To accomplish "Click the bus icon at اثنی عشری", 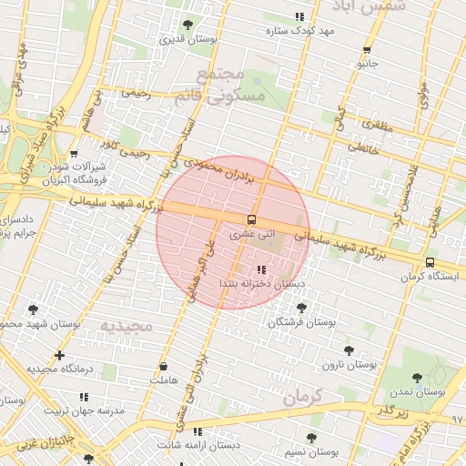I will tap(251, 219).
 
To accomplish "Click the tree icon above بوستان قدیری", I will tap(187, 25).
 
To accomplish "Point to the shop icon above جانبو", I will tap(367, 50).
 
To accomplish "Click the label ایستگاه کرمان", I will tap(430, 276).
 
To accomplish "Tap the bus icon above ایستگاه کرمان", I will tap(430, 262).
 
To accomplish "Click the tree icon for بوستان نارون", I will tap(349, 349).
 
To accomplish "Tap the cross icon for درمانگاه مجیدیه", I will tap(60, 355).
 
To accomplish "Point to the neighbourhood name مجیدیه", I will tap(123, 325).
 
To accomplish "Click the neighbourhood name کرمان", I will tap(302, 398).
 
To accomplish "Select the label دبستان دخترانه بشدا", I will tap(261, 284).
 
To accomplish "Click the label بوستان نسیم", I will tap(311, 451).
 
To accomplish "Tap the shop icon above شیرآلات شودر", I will tap(74, 154).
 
